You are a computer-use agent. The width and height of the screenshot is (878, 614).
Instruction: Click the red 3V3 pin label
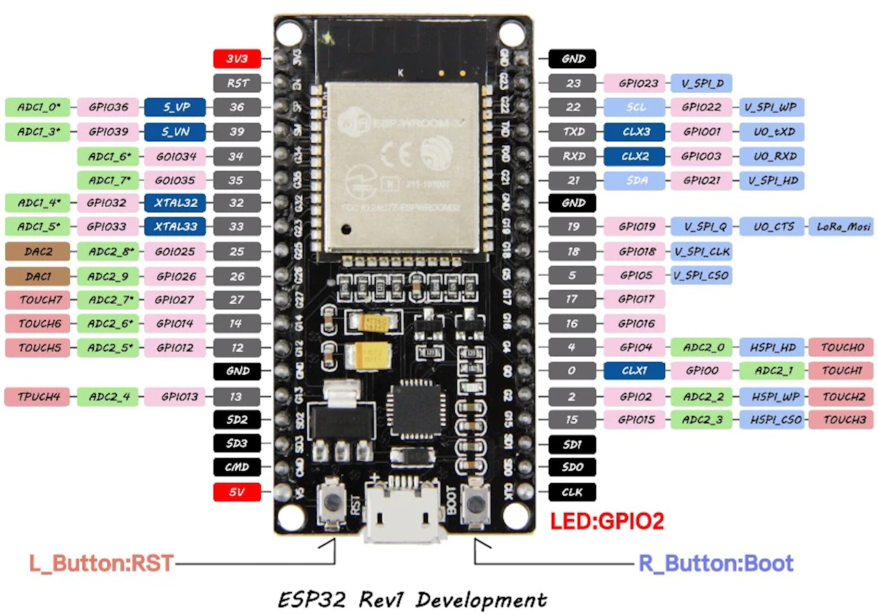[237, 59]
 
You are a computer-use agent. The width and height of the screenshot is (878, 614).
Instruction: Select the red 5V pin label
[237, 492]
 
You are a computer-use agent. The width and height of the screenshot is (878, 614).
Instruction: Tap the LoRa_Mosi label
[841, 227]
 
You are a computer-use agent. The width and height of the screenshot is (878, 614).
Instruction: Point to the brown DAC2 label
[38, 252]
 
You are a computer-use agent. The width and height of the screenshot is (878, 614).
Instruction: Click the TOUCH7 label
[38, 300]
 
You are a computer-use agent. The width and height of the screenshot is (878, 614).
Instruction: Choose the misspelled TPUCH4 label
[38, 397]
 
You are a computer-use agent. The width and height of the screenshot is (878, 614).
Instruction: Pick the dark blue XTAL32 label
[175, 203]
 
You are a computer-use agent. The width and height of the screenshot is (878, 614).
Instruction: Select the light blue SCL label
[635, 107]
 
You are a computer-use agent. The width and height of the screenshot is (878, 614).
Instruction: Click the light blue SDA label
[635, 181]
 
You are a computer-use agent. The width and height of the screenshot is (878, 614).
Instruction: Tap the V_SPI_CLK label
[701, 252]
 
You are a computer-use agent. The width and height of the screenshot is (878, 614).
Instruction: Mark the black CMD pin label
[237, 467]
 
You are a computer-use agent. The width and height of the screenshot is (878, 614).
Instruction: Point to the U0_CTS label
[772, 227]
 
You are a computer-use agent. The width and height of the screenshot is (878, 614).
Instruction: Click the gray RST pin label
[237, 83]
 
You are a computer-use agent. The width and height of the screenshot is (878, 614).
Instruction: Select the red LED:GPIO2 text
[607, 521]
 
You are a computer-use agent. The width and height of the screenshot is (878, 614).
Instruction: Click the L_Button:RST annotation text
[101, 563]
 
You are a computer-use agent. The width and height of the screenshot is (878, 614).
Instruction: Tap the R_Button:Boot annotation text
[716, 563]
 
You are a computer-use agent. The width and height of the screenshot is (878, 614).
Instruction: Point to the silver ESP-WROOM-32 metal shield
[401, 167]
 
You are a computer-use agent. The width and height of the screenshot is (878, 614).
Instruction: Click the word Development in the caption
[480, 600]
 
